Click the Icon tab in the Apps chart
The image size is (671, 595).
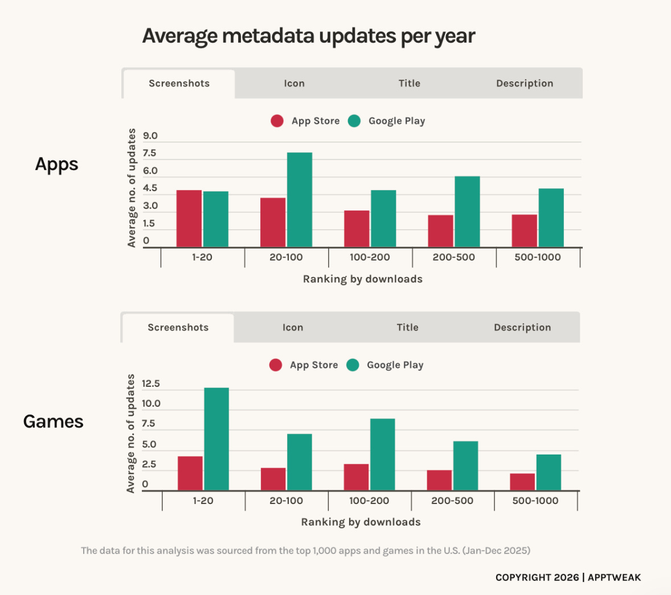coord(294,84)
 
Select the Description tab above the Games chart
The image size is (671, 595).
coord(522,328)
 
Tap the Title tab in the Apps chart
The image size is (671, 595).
coord(410,84)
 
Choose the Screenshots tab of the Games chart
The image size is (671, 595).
coord(178,328)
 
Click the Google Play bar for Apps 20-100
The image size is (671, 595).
coord(300,200)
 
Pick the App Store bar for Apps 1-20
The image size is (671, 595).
coord(189,218)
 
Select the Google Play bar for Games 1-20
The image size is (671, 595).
coord(216,439)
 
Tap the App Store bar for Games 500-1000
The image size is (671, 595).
coord(522,482)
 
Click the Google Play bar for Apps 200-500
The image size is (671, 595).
coord(467,212)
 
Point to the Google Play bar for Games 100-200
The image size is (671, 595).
coord(383,454)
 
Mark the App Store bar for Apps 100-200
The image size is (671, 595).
coord(357,229)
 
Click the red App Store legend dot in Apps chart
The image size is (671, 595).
coord(277,121)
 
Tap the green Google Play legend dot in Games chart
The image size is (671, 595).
coord(353,365)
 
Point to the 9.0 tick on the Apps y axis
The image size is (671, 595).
coord(150,136)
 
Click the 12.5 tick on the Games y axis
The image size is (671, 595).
coord(150,383)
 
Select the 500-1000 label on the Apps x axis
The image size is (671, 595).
coord(538,257)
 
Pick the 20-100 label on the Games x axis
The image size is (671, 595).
coord(287,501)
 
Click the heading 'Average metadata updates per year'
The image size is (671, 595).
coord(309,36)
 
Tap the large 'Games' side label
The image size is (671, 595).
coord(54,422)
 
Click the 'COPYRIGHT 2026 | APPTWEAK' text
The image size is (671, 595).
coord(568,577)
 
